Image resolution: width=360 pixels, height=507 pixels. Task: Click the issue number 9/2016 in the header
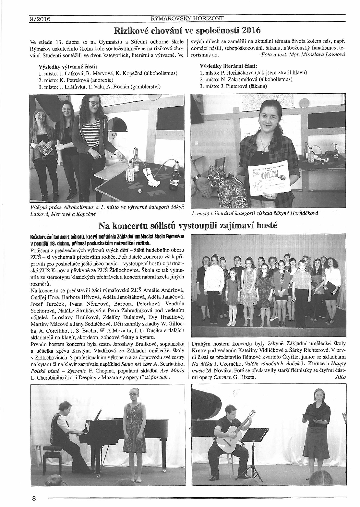[x=40, y=19]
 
